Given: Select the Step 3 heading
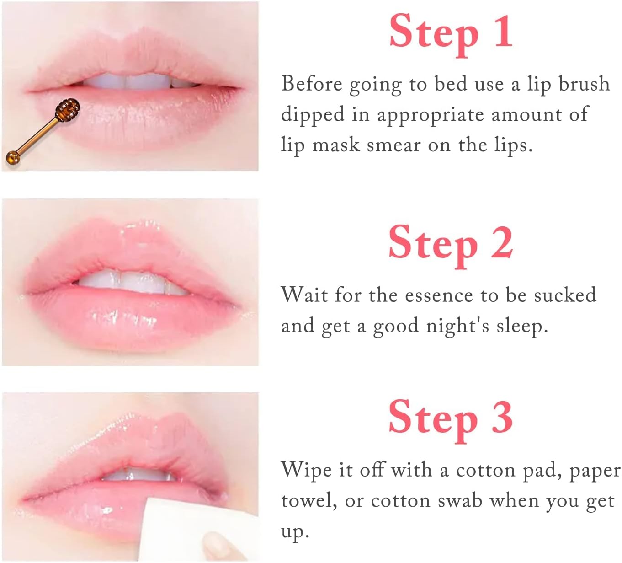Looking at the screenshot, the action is click(x=451, y=421).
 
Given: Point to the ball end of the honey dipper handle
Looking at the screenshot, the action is click(x=13, y=157).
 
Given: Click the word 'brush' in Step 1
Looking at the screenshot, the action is click(x=584, y=84).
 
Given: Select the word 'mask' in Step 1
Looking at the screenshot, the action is click(x=336, y=145).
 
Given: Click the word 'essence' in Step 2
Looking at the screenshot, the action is click(x=439, y=295).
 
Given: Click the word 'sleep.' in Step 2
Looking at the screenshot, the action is click(x=522, y=327).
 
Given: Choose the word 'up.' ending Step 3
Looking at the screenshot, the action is click(x=295, y=532).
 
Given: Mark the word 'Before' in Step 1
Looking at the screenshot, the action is click(x=311, y=84).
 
